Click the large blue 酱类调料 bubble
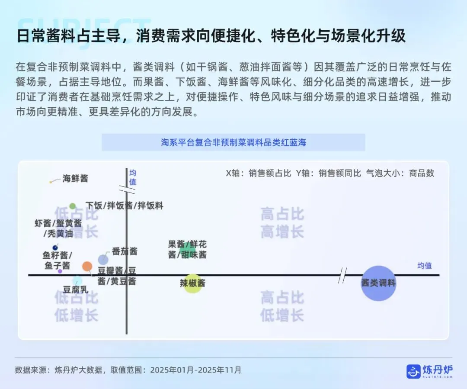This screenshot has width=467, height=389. tap(378, 283)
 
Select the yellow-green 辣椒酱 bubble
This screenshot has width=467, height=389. tap(193, 283)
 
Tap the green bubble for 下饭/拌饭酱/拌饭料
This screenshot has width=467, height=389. tap(73, 206)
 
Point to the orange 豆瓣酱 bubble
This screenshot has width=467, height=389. tap(87, 267)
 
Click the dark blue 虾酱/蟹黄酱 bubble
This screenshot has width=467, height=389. tap(55, 248)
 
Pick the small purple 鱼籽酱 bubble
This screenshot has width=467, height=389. tap(60, 271)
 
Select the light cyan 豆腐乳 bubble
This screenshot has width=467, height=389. tap(77, 280)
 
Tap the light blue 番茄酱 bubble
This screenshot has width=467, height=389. tap(103, 260)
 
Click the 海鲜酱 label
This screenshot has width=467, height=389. tap(75, 178)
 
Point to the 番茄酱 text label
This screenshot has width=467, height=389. tap(125, 251)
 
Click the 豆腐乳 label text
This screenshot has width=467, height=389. tap(76, 290)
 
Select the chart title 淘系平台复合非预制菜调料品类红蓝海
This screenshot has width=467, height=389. tap(233, 142)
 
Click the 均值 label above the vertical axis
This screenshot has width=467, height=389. tap(133, 178)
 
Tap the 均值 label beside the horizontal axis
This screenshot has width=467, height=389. tap(424, 266)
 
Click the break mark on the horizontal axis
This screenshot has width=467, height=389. tap(342, 275)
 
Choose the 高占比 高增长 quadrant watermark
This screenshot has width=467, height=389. tap(282, 222)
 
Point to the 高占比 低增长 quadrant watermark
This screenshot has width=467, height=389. tap(282, 306)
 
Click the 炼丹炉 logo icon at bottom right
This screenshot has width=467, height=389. tap(413, 371)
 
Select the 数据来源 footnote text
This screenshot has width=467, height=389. tap(128, 370)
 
